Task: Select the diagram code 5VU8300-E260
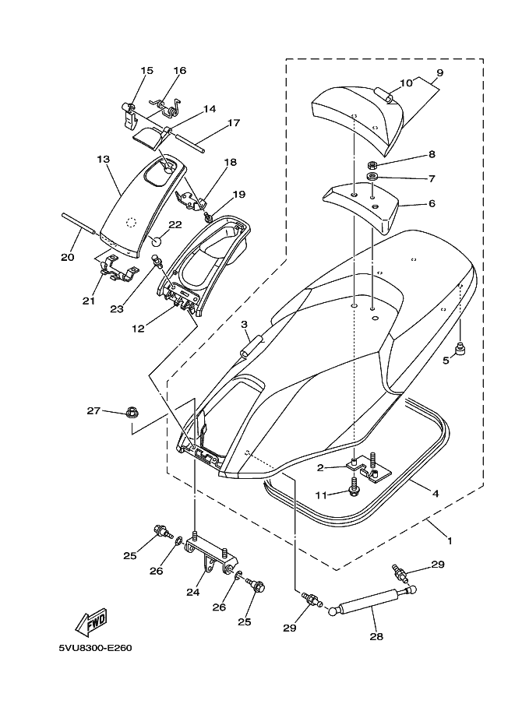coord(95,648)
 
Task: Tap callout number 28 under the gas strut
coord(376,637)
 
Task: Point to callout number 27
coord(93,411)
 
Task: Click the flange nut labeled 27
coord(132,413)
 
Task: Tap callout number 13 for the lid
coord(104,159)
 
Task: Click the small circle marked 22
coord(156,239)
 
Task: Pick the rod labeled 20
coord(79,222)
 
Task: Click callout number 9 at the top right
coord(439,72)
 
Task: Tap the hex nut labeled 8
coord(371,164)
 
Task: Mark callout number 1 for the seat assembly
coord(450,540)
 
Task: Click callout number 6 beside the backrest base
coord(432,203)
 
